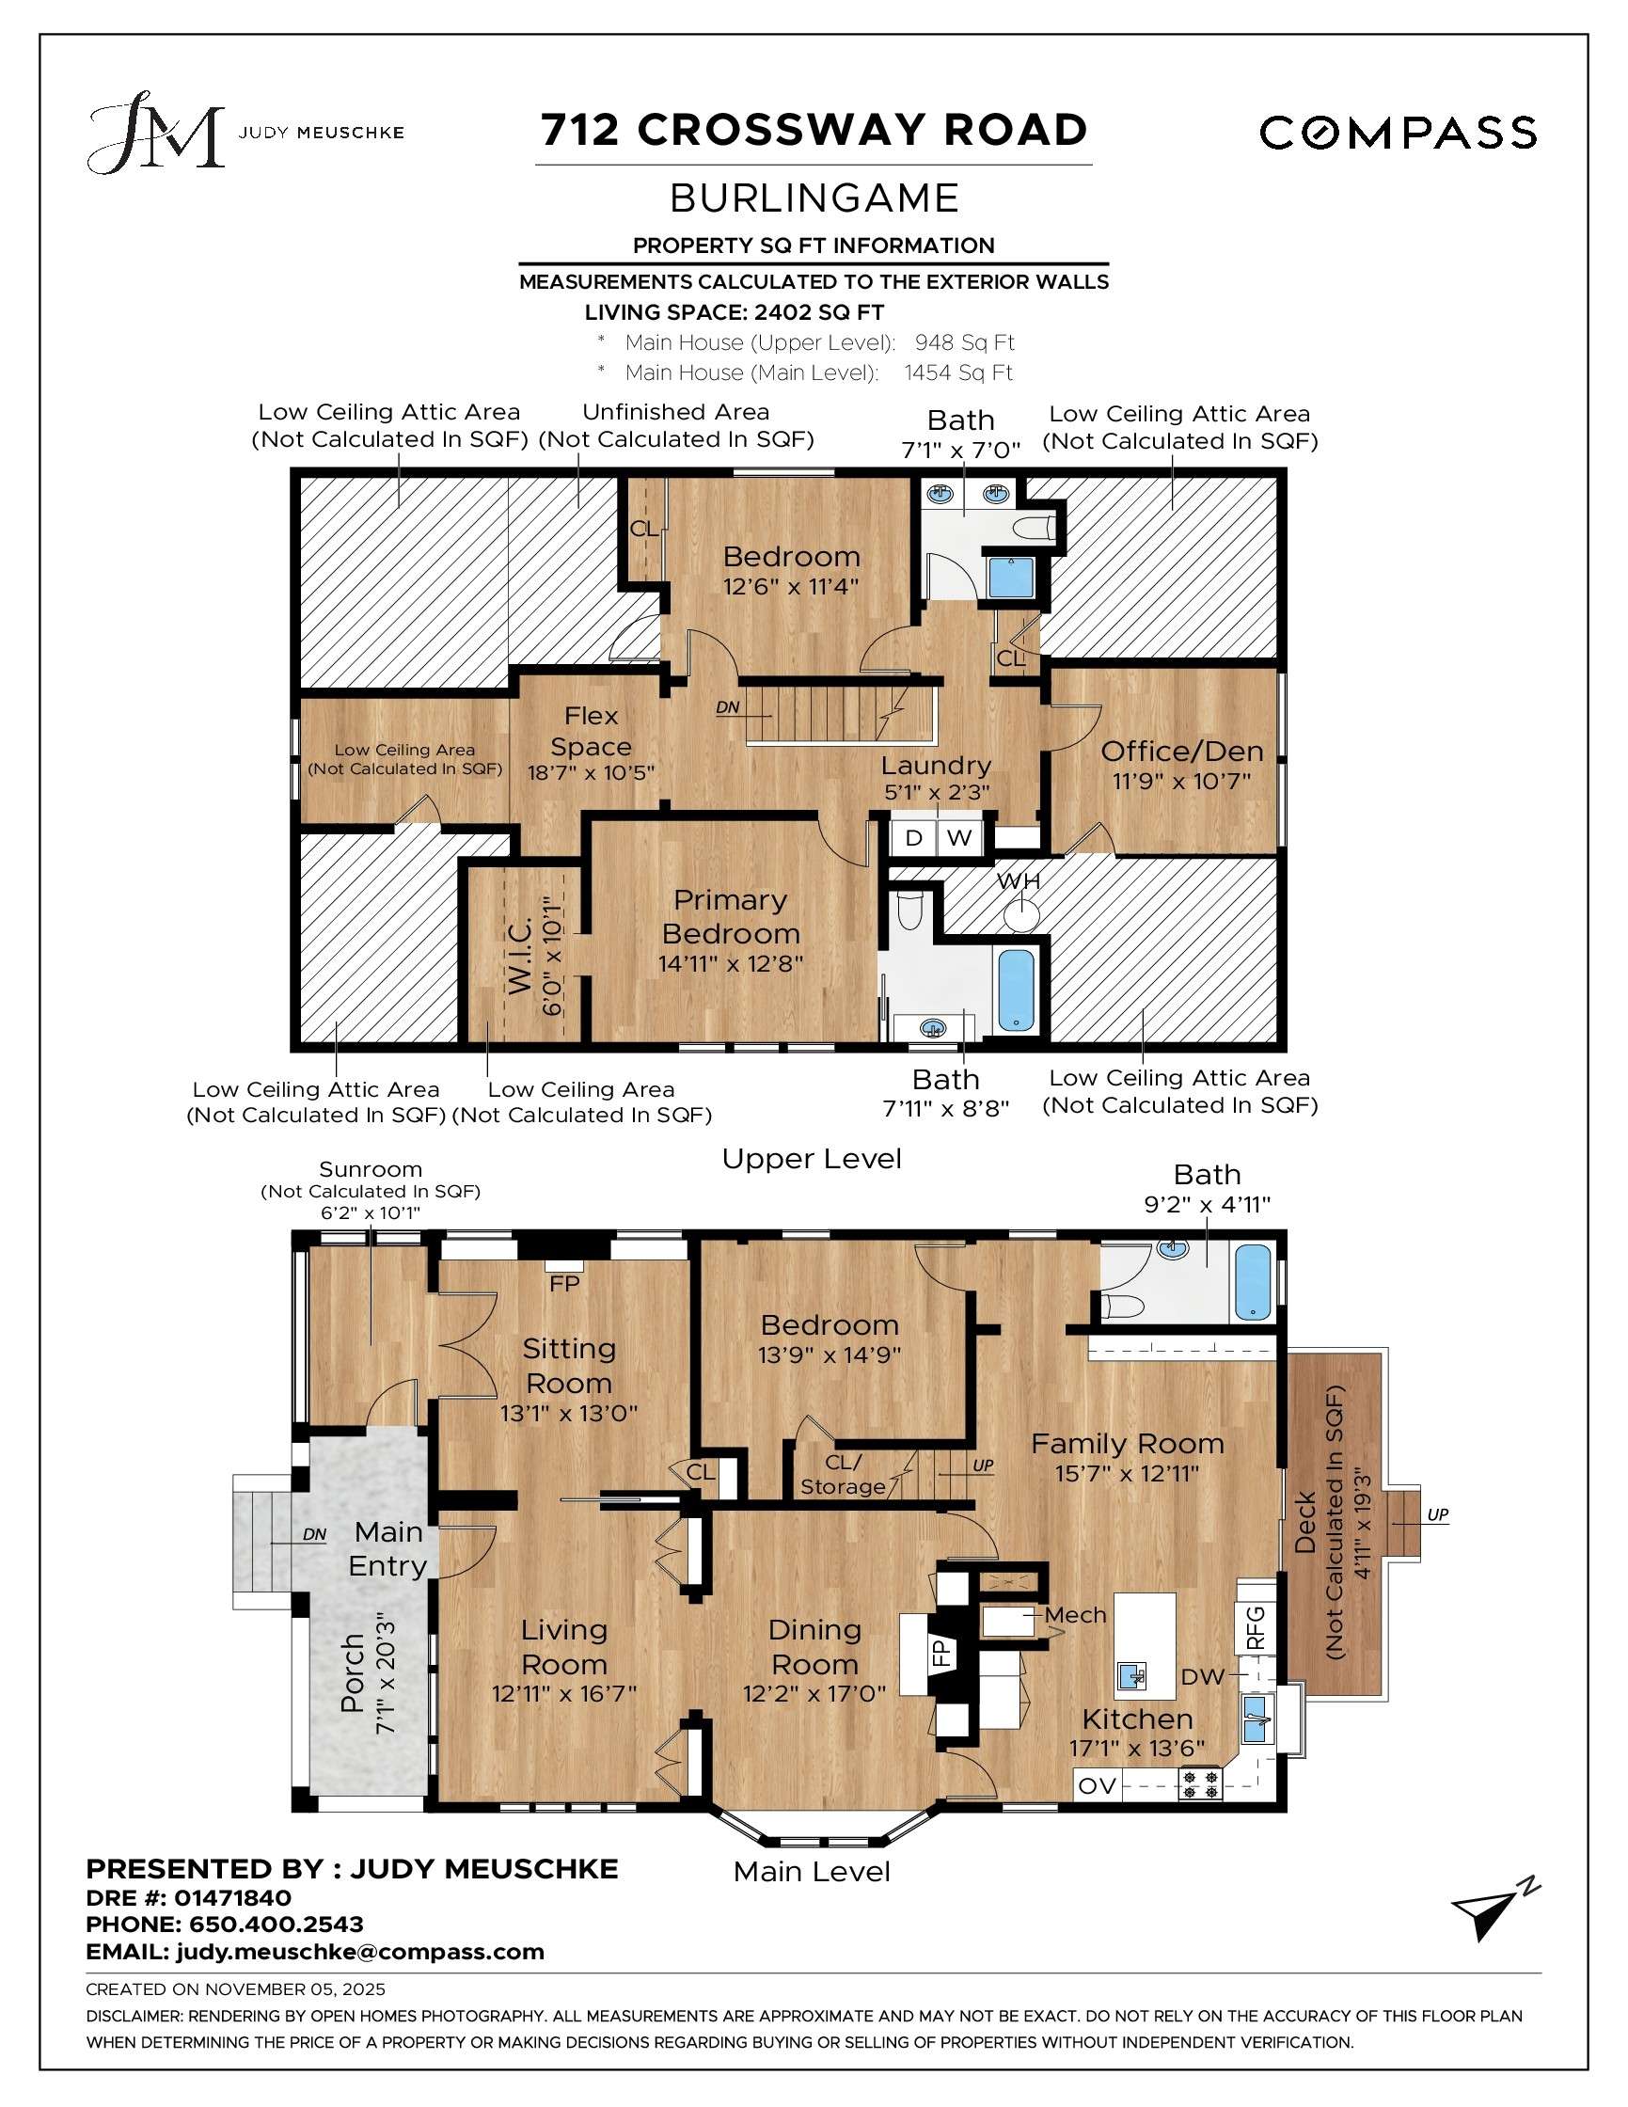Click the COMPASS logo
[1398, 133]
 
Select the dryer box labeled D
[912, 837]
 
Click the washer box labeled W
[958, 837]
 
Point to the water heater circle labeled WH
[1020, 911]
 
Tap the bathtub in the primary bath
[1015, 990]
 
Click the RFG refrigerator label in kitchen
[1255, 1626]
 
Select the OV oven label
[1097, 1785]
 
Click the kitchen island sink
[1132, 1675]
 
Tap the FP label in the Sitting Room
[564, 1284]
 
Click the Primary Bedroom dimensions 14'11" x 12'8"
[730, 964]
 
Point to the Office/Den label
[1181, 751]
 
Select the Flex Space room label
[592, 731]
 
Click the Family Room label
[1128, 1443]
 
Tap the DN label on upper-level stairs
[728, 707]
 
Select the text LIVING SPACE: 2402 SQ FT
[734, 312]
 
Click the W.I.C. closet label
[520, 956]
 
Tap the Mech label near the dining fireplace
[1075, 1615]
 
